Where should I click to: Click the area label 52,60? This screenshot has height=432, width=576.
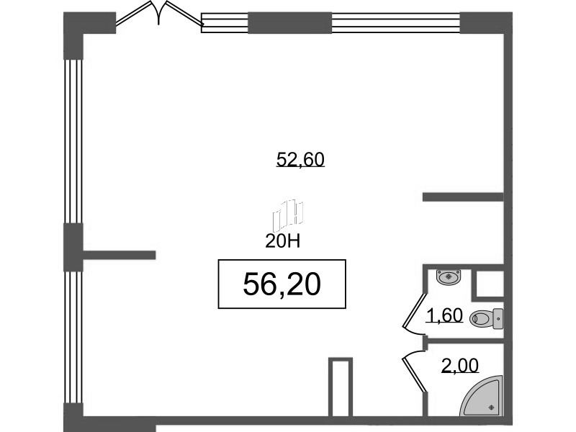[x=300, y=160]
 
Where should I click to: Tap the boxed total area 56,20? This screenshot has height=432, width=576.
[x=282, y=284]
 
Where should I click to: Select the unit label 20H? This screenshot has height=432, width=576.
[x=282, y=241]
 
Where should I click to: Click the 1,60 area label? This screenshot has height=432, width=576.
[x=444, y=315]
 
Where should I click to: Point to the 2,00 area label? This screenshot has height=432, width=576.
[x=460, y=366]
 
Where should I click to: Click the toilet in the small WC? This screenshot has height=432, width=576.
[x=487, y=318]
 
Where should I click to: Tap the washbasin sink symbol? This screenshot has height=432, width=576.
[x=449, y=276]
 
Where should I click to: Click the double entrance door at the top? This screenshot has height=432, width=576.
[x=158, y=14]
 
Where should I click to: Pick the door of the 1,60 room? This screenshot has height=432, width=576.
[x=413, y=314]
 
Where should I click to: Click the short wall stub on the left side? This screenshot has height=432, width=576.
[x=119, y=255]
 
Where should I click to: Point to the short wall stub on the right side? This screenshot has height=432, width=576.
[x=463, y=197]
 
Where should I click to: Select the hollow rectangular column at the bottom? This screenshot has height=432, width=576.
[x=341, y=387]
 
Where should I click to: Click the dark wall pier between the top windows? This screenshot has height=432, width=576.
[x=290, y=23]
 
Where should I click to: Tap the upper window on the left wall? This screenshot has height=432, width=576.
[x=73, y=141]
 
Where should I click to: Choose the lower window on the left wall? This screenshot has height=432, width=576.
[x=73, y=337]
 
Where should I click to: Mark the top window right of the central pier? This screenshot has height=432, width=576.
[x=396, y=23]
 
